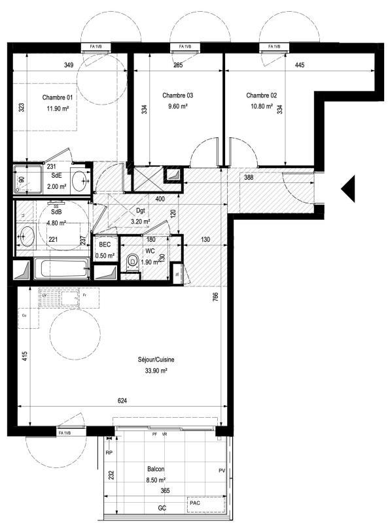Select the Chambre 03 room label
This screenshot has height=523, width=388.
(x=178, y=95)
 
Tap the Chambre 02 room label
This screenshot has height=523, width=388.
(x=261, y=95)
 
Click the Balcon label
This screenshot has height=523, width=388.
(x=155, y=469)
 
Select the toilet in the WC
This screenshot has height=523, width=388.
(x=133, y=263)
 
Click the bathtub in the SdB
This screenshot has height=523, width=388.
(x=62, y=269)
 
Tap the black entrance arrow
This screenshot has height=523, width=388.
(x=348, y=189)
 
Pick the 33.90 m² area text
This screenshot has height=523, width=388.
(x=155, y=370)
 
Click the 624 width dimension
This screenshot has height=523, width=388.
(x=122, y=401)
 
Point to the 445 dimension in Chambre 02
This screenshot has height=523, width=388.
(x=300, y=65)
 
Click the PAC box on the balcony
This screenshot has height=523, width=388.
(x=194, y=503)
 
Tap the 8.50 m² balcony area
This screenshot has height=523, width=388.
(x=155, y=479)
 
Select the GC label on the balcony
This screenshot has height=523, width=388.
(x=161, y=508)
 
